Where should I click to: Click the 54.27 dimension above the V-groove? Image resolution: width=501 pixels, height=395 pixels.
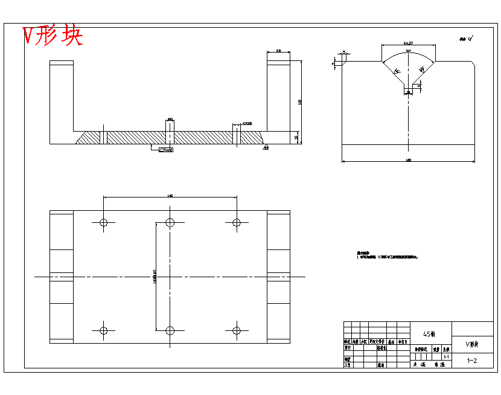(408, 43)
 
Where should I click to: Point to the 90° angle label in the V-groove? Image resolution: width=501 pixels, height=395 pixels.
(409, 52)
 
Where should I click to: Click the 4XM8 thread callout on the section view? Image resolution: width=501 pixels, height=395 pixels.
(247, 123)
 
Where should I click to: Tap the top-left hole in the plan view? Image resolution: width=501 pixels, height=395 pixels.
(104, 222)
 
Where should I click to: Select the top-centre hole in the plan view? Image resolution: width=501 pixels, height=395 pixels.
(170, 222)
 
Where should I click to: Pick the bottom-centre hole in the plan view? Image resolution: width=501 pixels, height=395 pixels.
(170, 330)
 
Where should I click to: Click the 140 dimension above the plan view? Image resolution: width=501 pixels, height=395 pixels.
(170, 195)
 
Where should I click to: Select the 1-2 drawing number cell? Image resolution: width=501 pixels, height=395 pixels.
(473, 361)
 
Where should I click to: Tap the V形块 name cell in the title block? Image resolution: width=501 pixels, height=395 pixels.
(472, 345)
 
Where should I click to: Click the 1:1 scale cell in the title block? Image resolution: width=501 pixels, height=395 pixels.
(445, 357)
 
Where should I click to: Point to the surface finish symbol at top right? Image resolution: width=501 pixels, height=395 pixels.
(467, 39)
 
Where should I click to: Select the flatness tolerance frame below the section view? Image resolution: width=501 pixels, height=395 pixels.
(165, 150)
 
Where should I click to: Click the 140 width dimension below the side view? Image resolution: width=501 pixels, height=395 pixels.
(408, 160)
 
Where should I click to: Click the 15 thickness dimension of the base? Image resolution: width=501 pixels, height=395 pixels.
(296, 138)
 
